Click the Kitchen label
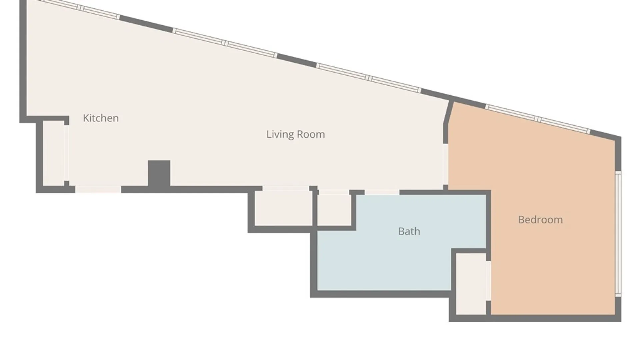[x=101, y=118]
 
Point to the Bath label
[x=409, y=231]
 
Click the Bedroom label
[x=540, y=220]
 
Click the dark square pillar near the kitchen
[x=159, y=173]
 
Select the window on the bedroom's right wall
[x=618, y=234]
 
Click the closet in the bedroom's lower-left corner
[x=471, y=284]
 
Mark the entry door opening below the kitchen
[x=98, y=189]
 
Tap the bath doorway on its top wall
[x=382, y=192]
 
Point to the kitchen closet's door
[x=66, y=153]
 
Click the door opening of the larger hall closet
[x=286, y=188]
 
